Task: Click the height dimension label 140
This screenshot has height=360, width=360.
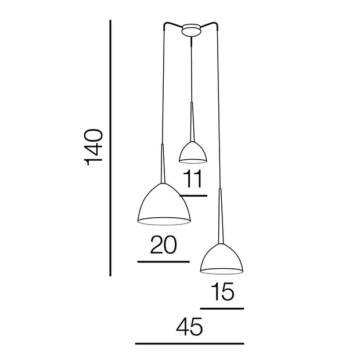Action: (93, 147)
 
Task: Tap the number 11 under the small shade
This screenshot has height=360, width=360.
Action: (193, 179)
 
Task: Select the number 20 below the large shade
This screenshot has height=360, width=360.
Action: (164, 245)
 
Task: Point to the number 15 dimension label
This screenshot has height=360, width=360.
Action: (222, 291)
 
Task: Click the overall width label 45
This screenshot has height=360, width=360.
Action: (190, 326)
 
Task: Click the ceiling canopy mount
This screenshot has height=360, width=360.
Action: (191, 30)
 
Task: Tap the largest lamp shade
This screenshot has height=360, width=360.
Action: (164, 204)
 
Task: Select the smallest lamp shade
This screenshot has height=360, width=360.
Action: (193, 153)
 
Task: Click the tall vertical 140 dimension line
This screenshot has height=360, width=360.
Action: (110, 148)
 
